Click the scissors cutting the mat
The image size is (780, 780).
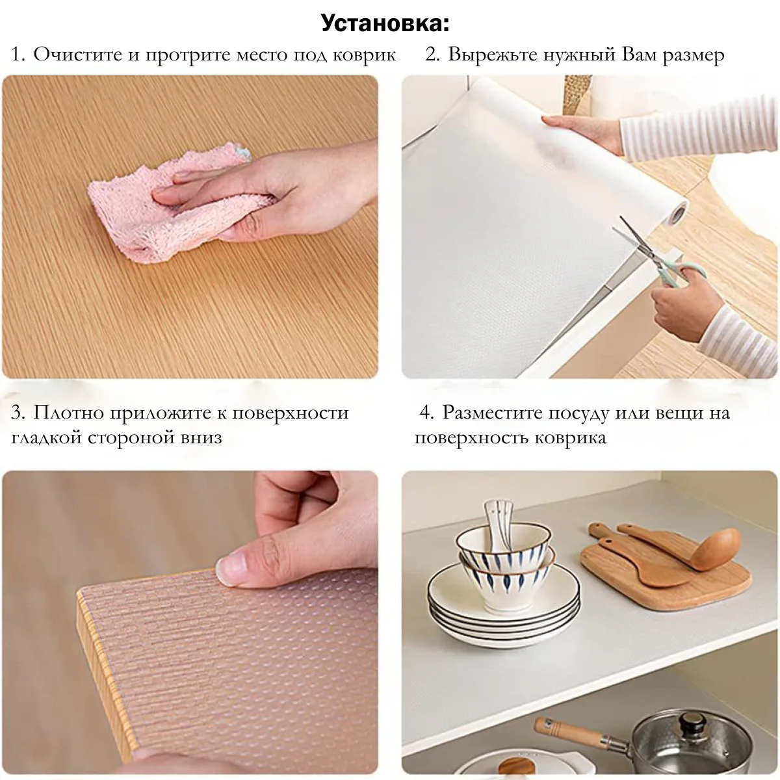point(656,255)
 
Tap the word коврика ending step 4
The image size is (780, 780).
point(570,438)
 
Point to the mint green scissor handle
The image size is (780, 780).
point(683,274)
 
